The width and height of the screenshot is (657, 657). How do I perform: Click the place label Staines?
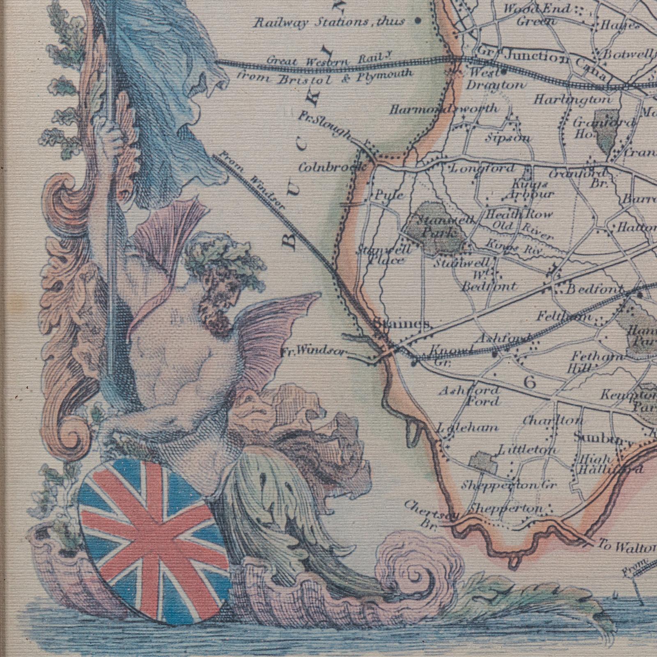pyautogui.click(x=402, y=324)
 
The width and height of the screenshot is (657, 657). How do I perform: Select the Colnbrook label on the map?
pyautogui.click(x=333, y=167)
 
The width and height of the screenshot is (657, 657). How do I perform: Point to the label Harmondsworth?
pyautogui.click(x=443, y=109)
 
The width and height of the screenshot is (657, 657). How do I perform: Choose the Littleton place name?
pyautogui.click(x=528, y=450)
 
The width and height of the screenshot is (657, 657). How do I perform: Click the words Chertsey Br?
pyautogui.click(x=431, y=515)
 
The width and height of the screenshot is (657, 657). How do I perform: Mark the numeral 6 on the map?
pyautogui.click(x=530, y=383)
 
